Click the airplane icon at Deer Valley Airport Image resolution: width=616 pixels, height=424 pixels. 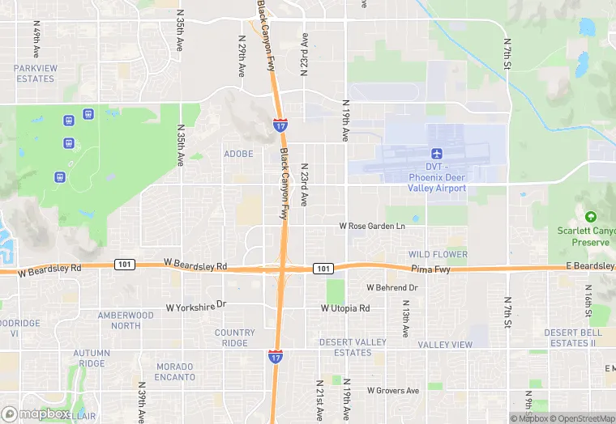coord(437,154)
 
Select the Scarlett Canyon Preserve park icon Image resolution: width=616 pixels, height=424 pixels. coord(590,217)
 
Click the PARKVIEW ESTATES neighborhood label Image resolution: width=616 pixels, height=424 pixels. coord(34,74)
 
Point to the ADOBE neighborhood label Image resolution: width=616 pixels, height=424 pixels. coord(238,154)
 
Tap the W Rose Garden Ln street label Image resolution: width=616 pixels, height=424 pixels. coord(371,227)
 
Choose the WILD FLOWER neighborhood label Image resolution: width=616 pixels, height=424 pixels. coord(438,254)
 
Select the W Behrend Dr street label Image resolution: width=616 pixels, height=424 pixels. coord(392,287)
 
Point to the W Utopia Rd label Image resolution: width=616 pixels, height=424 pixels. coord(345,308)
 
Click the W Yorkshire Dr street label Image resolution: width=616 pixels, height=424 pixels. coord(198,307)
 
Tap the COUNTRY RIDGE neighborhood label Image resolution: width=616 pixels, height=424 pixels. coord(235,337)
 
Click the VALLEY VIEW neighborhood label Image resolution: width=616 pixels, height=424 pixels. coord(445,345)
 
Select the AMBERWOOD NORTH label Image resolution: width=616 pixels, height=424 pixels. coord(126,320)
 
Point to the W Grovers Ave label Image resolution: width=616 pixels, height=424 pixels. coord(393,390)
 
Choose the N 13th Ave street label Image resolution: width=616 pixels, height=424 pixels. coord(405,319)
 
